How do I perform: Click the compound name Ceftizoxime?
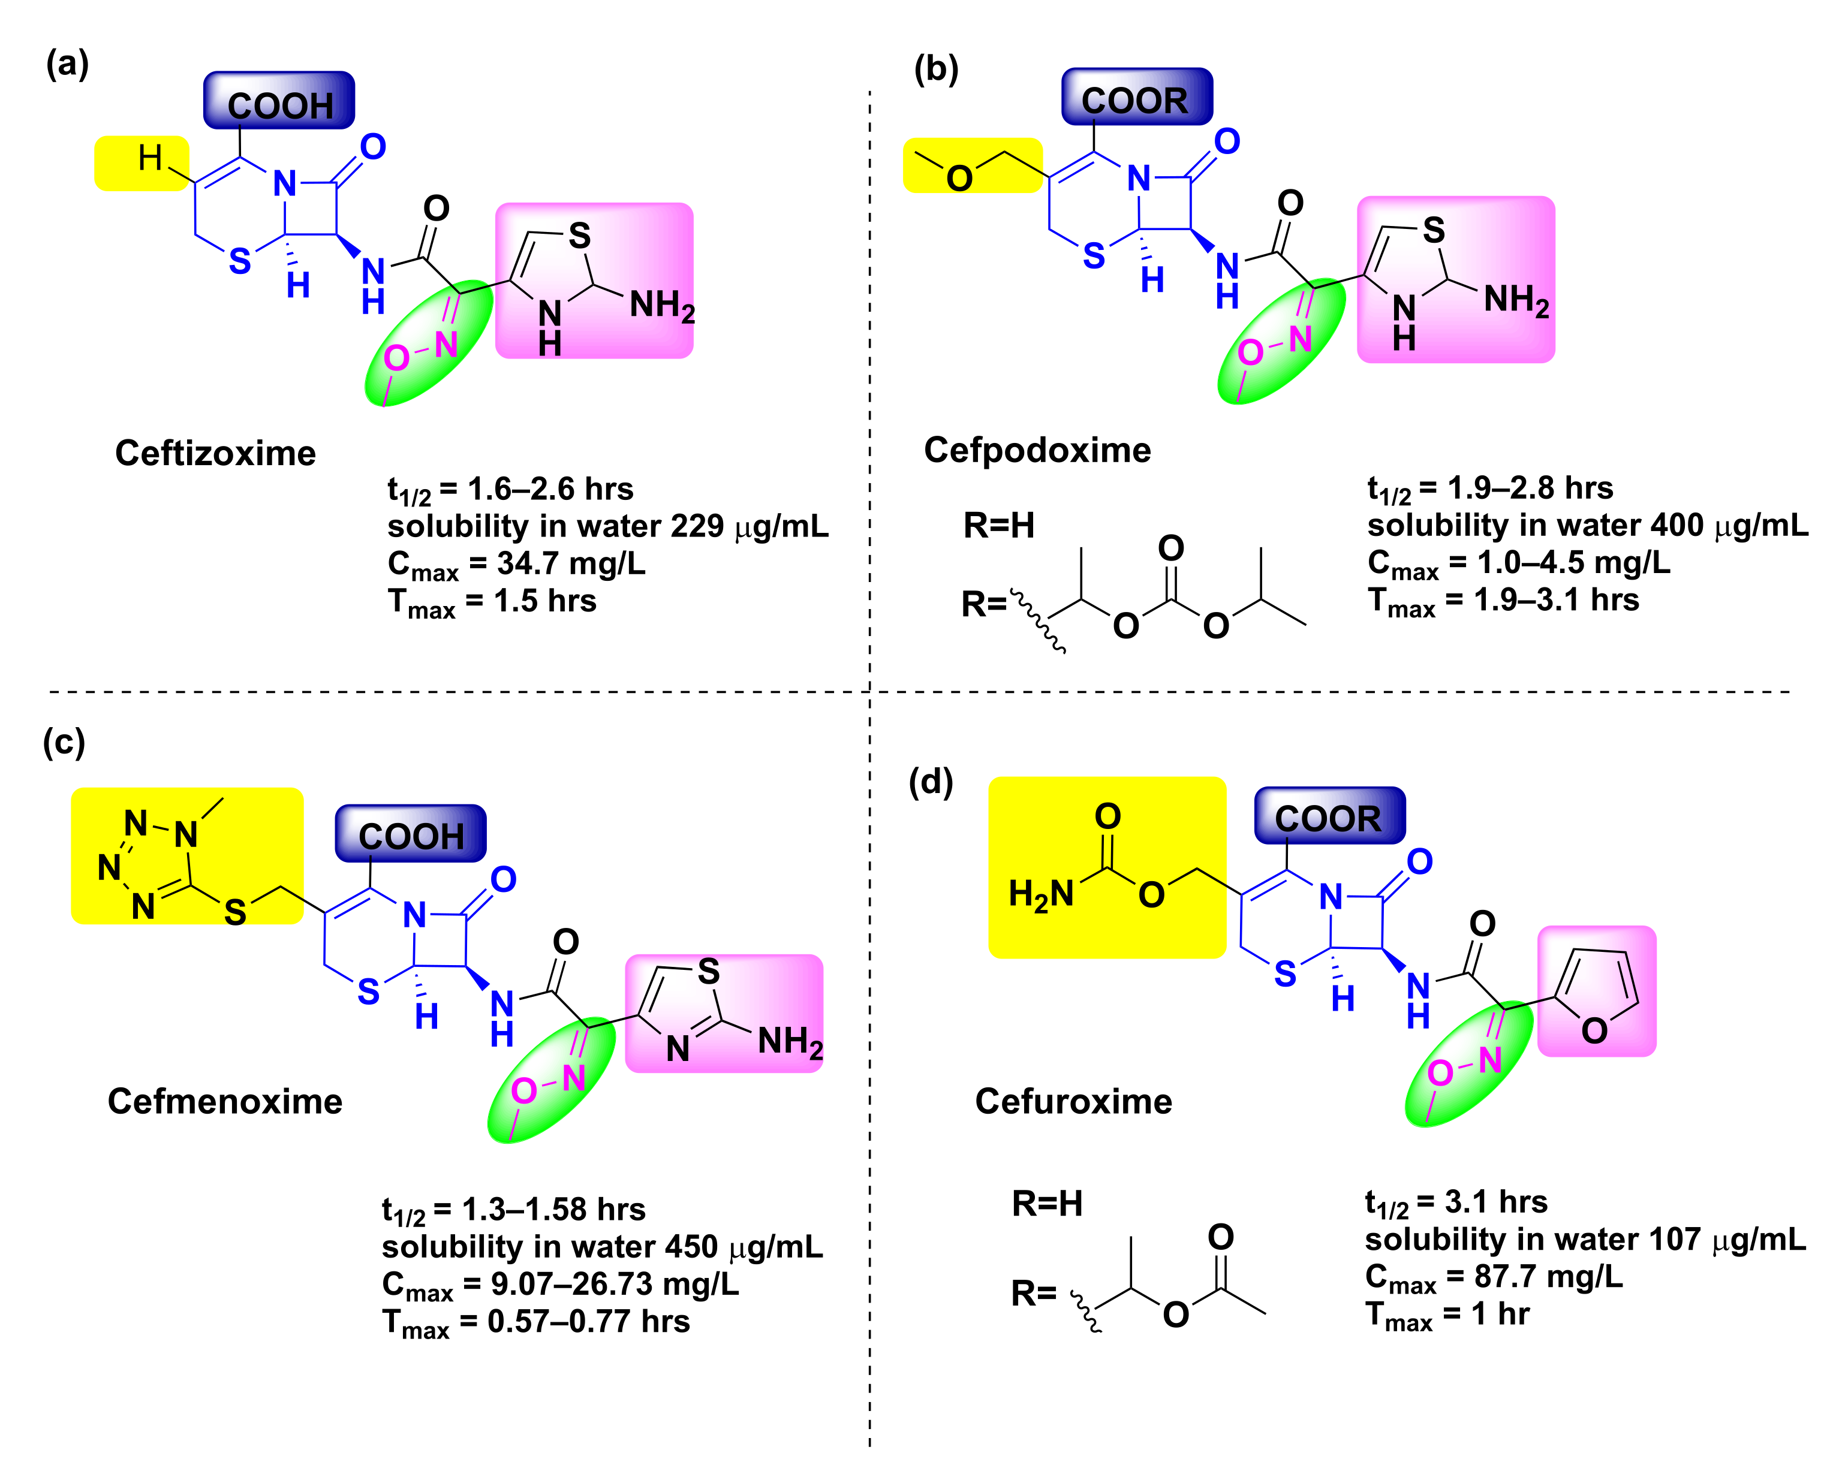click(x=215, y=454)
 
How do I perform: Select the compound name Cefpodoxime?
click(x=1037, y=450)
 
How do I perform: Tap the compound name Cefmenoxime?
click(x=225, y=1102)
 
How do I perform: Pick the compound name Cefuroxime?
click(x=1073, y=1102)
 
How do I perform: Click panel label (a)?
click(x=67, y=65)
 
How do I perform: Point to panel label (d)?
click(x=930, y=781)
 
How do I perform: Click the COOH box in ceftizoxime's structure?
click(x=279, y=102)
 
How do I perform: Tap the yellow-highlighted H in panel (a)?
click(x=150, y=158)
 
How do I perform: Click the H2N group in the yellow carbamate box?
click(x=1040, y=895)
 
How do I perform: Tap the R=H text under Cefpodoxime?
click(x=998, y=526)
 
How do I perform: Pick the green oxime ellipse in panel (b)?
click(x=1281, y=341)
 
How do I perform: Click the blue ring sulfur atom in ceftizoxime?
click(x=240, y=262)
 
